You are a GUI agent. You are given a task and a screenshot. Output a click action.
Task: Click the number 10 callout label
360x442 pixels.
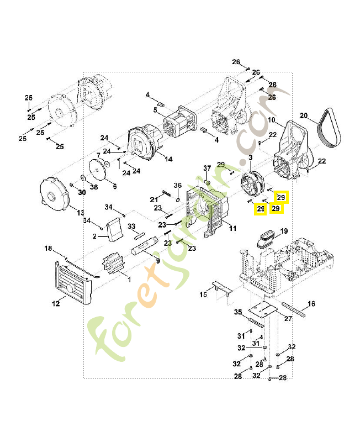click(272, 120)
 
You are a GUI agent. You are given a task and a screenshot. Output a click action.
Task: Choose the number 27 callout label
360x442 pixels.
click(287, 318)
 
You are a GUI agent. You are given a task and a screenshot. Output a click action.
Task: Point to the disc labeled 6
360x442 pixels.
click(100, 169)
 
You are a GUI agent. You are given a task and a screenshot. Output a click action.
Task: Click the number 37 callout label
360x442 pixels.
click(208, 168)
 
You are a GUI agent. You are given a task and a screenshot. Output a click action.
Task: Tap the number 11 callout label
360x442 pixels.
click(232, 228)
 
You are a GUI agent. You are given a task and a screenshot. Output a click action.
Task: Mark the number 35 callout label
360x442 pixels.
click(237, 312)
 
